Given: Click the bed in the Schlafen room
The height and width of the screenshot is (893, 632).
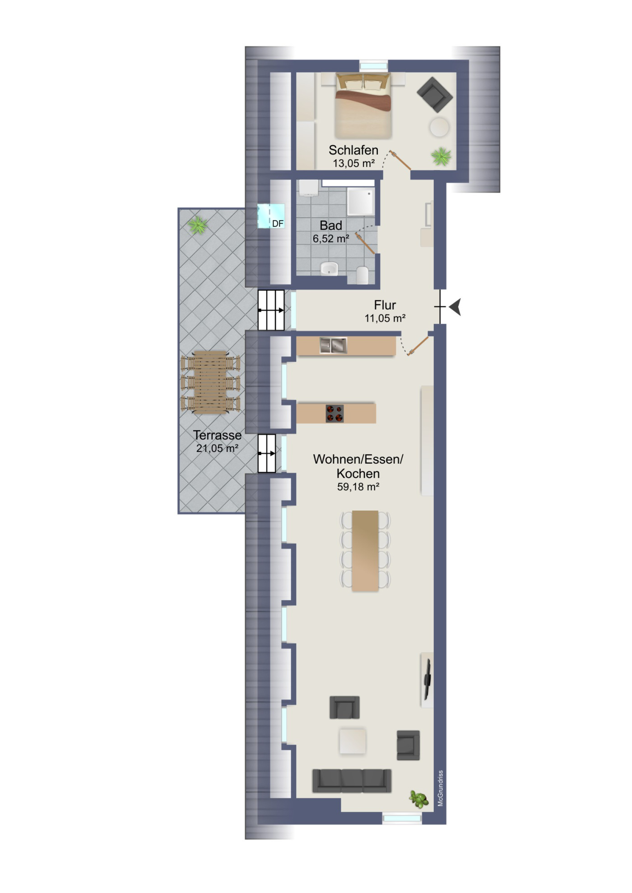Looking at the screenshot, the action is (362, 106).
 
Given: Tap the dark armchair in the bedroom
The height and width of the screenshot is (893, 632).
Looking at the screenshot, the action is (435, 94).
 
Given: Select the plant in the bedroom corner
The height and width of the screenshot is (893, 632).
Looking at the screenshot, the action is (441, 157).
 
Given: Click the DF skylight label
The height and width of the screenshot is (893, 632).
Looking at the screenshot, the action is (278, 224).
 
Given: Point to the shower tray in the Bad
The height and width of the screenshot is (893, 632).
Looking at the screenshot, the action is (361, 202).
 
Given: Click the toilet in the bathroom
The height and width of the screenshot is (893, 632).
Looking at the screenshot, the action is (362, 275).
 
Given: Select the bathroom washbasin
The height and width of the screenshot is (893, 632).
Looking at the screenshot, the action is (330, 269).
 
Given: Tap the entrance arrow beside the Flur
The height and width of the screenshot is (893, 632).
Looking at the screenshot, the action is (455, 307).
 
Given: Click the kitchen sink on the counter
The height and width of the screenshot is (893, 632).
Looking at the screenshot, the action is (333, 345).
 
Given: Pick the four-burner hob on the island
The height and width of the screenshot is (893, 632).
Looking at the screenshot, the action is (335, 414).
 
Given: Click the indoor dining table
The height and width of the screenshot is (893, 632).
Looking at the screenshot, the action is (365, 551).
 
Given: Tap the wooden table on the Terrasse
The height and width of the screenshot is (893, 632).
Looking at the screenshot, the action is (210, 382).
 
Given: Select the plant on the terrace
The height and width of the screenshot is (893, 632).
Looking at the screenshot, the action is (198, 225).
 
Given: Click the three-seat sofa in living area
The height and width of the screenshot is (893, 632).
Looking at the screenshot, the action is (352, 781).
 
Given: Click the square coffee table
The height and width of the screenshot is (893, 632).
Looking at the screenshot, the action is (353, 741).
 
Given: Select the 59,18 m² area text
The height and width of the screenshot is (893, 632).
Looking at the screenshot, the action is (358, 487).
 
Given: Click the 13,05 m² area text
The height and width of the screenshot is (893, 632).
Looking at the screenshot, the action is (354, 163).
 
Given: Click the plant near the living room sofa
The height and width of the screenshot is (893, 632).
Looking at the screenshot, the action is (419, 799).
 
